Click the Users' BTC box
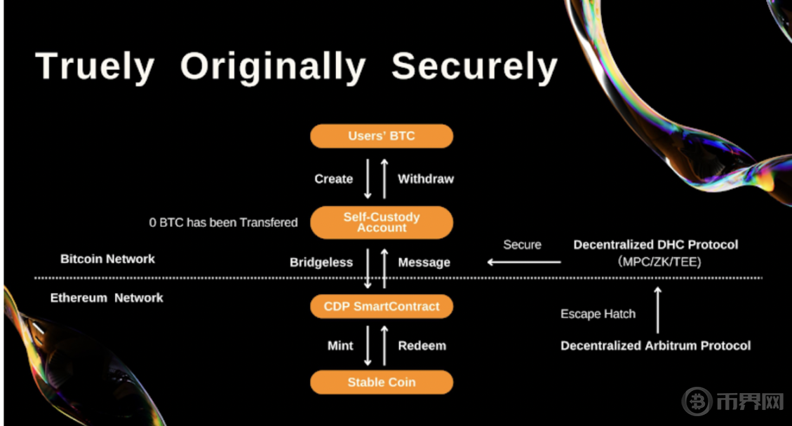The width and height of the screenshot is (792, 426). (382, 136)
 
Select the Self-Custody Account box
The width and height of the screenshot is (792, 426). (382, 222)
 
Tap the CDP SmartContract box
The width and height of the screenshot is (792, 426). (382, 306)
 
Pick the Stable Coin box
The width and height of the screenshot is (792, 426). (382, 382)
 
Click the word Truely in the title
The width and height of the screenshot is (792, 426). (95, 67)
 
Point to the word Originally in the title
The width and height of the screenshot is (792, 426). (273, 67)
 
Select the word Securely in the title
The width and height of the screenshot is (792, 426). (474, 67)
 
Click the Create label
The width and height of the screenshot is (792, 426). (333, 179)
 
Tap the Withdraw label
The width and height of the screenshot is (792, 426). (426, 179)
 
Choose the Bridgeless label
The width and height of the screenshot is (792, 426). (321, 262)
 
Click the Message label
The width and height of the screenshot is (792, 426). (424, 262)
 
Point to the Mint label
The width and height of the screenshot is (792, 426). (340, 345)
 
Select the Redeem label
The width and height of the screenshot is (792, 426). (422, 345)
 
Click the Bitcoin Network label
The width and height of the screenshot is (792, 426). (107, 259)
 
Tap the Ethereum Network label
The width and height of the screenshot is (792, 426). (107, 298)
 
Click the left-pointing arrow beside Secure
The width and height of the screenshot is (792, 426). (524, 262)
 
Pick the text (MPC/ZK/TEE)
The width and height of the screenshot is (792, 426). (655, 261)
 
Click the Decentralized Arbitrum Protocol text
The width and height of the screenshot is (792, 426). (655, 345)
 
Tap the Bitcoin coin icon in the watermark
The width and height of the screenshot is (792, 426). (697, 401)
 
